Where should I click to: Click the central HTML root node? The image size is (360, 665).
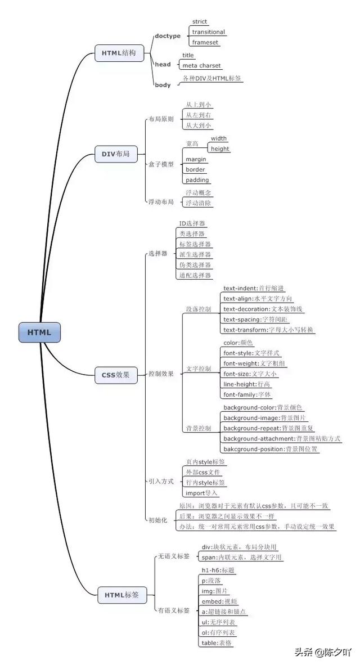coord(39,332)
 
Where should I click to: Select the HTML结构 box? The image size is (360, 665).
coord(119,53)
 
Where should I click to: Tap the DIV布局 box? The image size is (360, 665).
coord(115,154)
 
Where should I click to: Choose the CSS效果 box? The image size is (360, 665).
coord(115,375)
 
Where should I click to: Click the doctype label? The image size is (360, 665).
coord(168,36)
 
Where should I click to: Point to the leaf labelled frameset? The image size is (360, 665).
coord(205,42)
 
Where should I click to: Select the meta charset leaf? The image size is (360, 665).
coord(201,66)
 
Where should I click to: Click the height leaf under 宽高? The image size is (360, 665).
coord(220,149)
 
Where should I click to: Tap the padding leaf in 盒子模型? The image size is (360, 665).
coord(197,180)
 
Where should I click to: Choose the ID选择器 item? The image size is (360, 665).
coord(192,223)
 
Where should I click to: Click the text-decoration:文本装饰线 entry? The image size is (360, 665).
coord(263,309)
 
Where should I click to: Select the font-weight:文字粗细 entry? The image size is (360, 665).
coord(254,363)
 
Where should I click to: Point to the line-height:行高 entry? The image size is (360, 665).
coord(246,384)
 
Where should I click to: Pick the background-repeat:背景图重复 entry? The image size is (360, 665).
coord(264,428)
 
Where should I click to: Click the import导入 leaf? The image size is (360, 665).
coord(201,493)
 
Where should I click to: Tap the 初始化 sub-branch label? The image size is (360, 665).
coord(157,520)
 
